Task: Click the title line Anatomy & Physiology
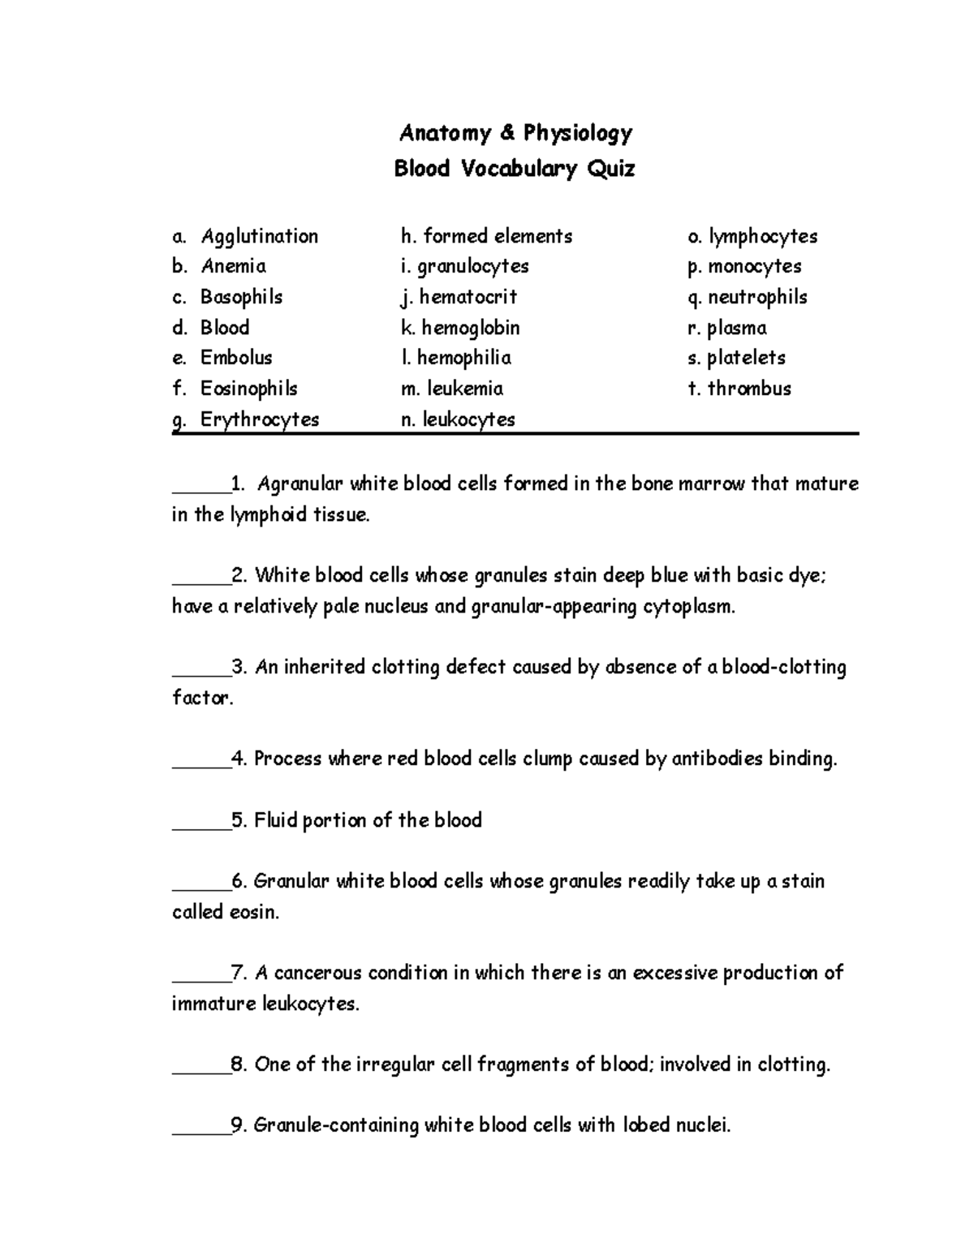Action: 515,133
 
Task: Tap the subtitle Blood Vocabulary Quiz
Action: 515,169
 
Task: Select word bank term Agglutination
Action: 259,237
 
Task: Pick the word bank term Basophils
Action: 241,297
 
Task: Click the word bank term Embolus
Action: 236,358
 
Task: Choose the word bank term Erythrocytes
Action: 260,419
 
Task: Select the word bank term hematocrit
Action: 468,297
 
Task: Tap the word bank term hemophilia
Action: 463,358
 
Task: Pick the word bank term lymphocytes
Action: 762,237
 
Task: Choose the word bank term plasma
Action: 736,328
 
